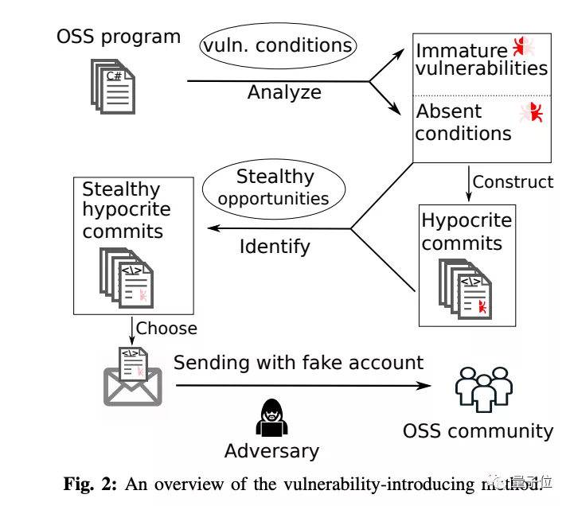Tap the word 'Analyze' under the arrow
point(284,92)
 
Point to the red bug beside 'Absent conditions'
point(531,113)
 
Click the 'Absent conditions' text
point(463,122)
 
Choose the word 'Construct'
point(513,181)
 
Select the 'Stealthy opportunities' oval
point(274,187)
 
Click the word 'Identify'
point(275,247)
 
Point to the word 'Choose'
point(166,328)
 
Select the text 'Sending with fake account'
point(299,363)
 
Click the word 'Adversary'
point(271,451)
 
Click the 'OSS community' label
point(478,431)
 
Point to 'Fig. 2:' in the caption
point(90,483)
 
